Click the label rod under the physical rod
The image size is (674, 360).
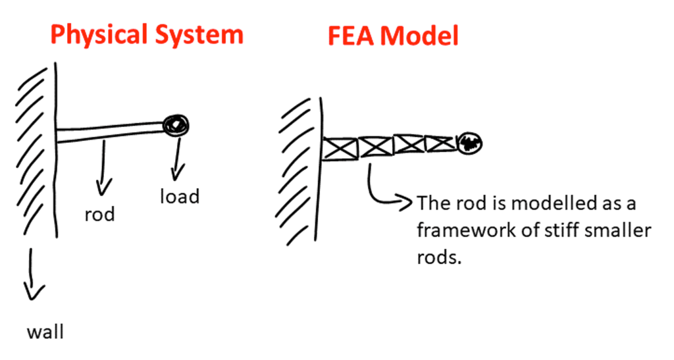coord(99,214)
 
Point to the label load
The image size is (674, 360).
coord(179,196)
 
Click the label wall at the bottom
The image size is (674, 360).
coord(45,331)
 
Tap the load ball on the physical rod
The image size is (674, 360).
coord(177,124)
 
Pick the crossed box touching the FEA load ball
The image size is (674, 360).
coord(439,143)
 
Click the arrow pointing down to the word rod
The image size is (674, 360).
coord(101,168)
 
